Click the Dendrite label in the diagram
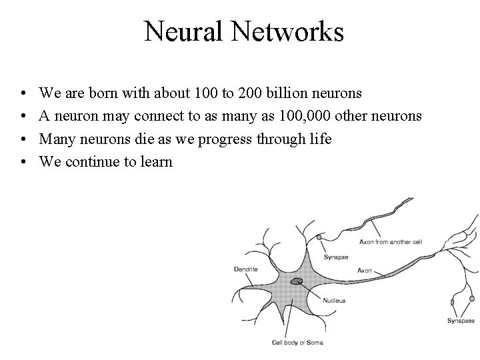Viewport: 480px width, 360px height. [245, 269]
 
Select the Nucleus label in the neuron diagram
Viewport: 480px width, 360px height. [334, 301]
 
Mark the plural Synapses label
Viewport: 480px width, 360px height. [461, 321]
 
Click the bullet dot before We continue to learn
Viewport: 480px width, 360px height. [23, 161]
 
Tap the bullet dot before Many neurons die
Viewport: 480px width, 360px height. [23, 139]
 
